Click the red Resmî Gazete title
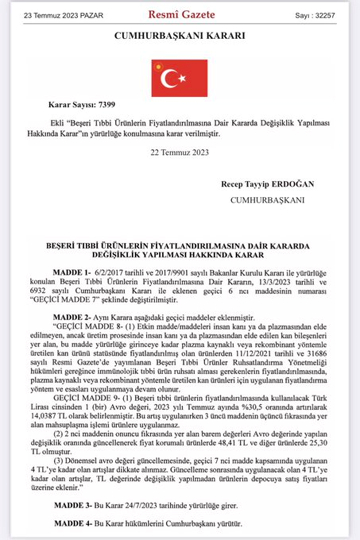click(182, 15)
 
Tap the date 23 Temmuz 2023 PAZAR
click(63, 16)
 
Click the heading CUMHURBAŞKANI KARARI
click(180, 36)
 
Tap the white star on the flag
click(182, 79)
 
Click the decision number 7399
click(107, 105)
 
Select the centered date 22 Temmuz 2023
click(180, 152)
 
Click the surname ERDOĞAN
click(293, 184)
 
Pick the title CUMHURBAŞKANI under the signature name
click(267, 200)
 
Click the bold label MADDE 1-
click(72, 273)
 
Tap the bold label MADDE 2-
click(72, 317)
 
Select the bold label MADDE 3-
click(73, 506)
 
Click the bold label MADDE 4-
click(73, 524)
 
